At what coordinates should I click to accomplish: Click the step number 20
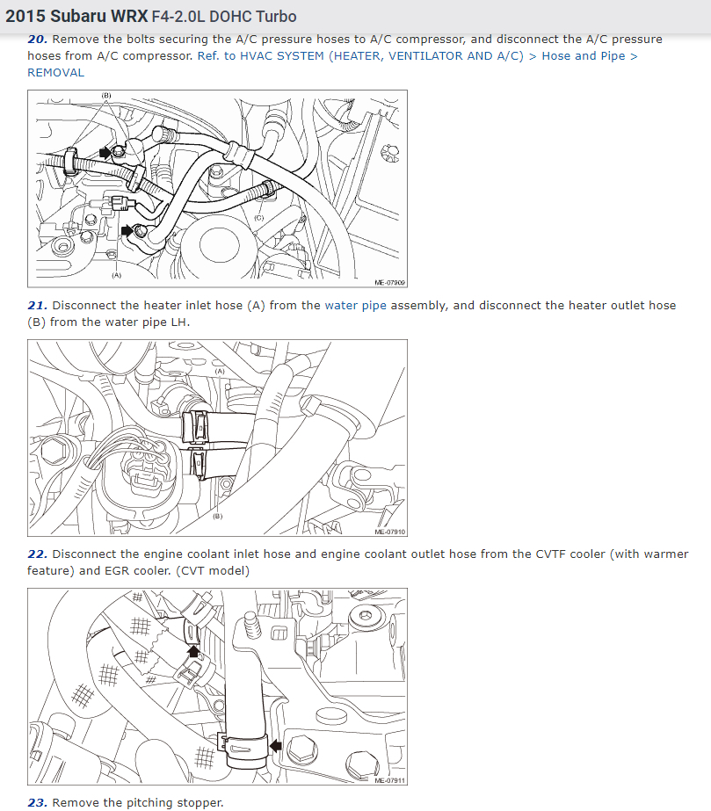click(x=37, y=40)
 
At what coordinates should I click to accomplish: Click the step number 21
click(x=37, y=306)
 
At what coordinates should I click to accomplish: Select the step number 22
click(x=37, y=554)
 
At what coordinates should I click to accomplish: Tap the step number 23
click(x=37, y=803)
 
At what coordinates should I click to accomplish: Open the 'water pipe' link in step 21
click(x=355, y=306)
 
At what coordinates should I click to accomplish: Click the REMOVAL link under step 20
click(x=56, y=73)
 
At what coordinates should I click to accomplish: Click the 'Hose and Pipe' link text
click(x=584, y=56)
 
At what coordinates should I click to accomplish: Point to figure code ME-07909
click(x=389, y=282)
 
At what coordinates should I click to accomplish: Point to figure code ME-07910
click(x=389, y=532)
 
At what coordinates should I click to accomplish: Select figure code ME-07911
click(x=389, y=780)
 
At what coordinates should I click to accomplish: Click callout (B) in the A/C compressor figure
click(x=106, y=96)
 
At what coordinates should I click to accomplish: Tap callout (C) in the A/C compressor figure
click(x=258, y=218)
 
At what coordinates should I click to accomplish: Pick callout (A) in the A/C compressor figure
click(x=116, y=275)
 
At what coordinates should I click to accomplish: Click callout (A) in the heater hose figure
click(x=220, y=372)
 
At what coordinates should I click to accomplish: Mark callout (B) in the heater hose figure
click(x=218, y=516)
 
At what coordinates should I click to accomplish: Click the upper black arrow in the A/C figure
click(x=105, y=152)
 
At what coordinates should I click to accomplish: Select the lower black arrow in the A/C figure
click(x=127, y=230)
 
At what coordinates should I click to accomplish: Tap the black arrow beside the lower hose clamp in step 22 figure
click(x=275, y=746)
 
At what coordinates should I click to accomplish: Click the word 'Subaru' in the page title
click(x=76, y=17)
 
